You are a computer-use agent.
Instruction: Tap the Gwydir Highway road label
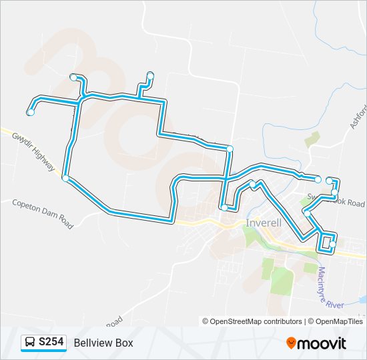click(x=33, y=151)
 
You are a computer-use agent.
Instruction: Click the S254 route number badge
click(x=51, y=343)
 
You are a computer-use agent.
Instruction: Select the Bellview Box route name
click(x=103, y=343)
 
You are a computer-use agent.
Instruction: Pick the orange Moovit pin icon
click(x=292, y=343)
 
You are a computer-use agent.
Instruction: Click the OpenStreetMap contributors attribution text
click(x=253, y=321)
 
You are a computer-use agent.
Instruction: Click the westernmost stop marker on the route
click(x=31, y=112)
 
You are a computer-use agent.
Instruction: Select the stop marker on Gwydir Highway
click(x=65, y=178)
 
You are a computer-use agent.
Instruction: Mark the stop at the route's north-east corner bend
click(x=230, y=148)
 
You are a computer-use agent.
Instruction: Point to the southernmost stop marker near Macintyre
click(x=332, y=245)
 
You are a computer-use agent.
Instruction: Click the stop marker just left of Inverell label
click(x=225, y=208)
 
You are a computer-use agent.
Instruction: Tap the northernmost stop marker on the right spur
click(x=150, y=75)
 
